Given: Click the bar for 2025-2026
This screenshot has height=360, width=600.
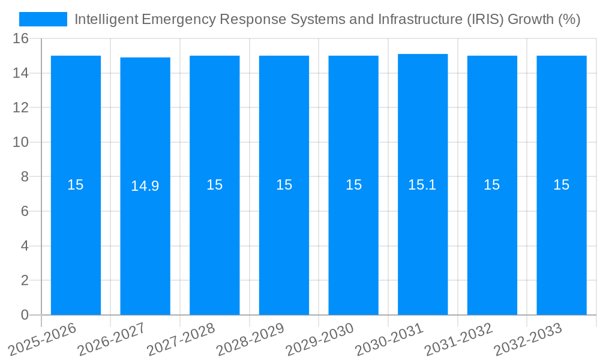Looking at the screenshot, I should click(76, 240).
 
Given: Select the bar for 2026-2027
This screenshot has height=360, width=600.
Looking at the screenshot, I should click(145, 240).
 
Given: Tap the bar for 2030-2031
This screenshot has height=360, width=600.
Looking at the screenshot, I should click(422, 240).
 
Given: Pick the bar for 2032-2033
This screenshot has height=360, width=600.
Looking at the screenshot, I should click(562, 240).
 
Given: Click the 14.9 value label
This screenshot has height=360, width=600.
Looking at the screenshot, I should click(145, 186).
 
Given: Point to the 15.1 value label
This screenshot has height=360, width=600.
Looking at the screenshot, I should click(422, 185).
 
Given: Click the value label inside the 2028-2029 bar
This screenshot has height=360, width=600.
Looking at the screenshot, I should click(284, 185).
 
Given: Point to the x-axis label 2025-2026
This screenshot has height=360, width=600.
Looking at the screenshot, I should click(44, 339).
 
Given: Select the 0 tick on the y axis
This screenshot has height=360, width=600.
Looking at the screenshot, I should click(25, 315).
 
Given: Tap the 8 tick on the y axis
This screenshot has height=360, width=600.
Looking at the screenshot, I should click(25, 177).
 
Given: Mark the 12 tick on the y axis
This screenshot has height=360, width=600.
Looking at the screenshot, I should click(21, 108).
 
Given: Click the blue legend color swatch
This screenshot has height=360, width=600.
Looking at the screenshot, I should click(43, 19).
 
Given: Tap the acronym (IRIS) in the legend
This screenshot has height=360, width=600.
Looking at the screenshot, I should click(485, 19).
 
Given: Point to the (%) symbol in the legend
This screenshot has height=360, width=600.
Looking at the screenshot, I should click(569, 19).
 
